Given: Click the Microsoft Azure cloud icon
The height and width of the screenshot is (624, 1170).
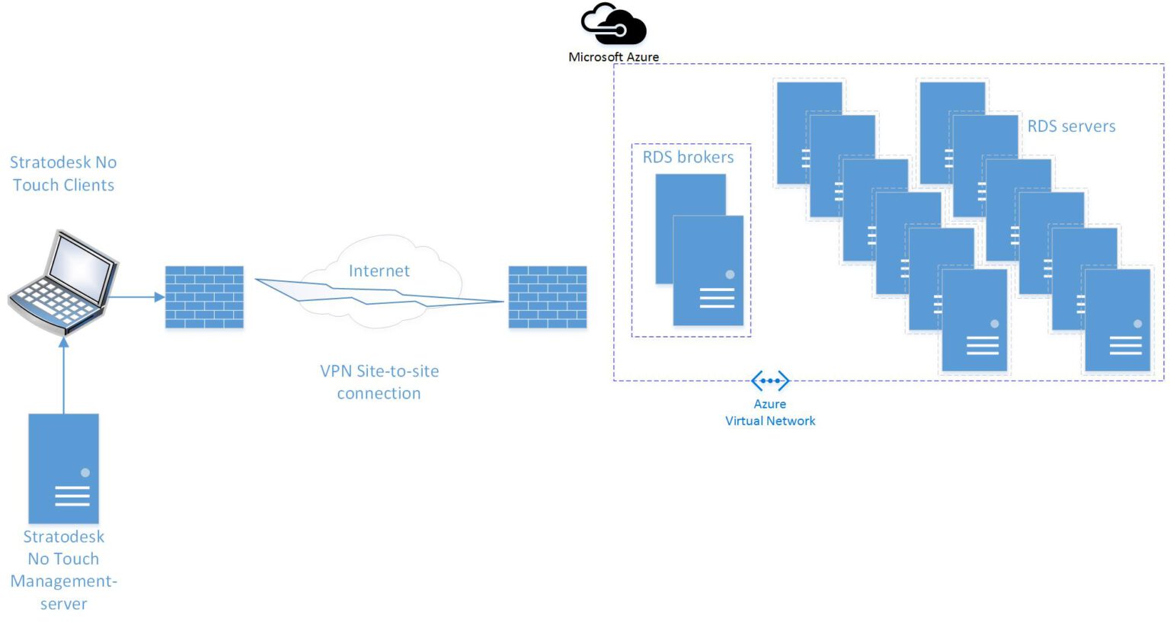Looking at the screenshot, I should [x=613, y=24].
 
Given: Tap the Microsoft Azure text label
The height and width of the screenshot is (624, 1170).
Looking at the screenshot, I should [x=613, y=57].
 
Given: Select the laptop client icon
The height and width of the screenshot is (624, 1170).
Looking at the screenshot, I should [x=64, y=283].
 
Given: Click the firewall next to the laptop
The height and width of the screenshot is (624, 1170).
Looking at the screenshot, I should [x=204, y=297].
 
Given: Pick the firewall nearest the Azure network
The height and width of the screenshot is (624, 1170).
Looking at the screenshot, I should [x=548, y=297].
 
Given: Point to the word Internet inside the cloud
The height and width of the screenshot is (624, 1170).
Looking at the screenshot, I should [x=379, y=271].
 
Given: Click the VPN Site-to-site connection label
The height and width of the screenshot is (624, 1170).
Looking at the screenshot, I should [x=379, y=382].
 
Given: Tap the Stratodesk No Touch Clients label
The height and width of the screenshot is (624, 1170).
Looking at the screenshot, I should [x=63, y=174].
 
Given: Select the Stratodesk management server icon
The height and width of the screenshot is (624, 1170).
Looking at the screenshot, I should [x=64, y=468].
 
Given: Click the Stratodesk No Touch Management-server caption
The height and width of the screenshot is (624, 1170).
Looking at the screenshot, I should [x=64, y=570].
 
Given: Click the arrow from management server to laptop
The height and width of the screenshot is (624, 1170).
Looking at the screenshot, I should [x=64, y=377].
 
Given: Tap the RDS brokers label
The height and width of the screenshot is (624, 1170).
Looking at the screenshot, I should [x=688, y=158].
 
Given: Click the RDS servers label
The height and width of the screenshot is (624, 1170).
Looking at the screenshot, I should [x=1071, y=126].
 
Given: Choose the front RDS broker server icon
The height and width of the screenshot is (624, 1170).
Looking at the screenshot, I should [x=708, y=270].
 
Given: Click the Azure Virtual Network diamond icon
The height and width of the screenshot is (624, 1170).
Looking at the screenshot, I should [x=770, y=380].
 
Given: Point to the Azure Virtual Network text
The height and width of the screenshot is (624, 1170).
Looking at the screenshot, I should [x=770, y=413].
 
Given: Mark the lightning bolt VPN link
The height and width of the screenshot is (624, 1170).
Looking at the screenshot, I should [x=379, y=294].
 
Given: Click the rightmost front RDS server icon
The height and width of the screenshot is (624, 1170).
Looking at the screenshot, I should [x=1117, y=320].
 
